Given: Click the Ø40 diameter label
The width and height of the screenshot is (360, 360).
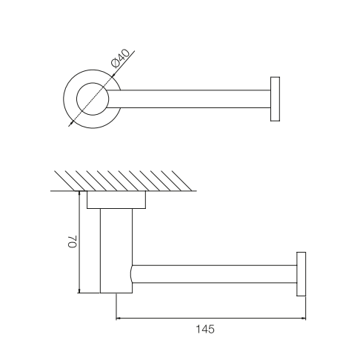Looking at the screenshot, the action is [120, 59].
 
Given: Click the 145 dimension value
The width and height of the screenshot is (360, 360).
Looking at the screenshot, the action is [205, 329].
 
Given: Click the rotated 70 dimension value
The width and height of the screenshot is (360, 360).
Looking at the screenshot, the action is [73, 241].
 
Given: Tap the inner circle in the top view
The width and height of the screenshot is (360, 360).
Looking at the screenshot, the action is [93, 99].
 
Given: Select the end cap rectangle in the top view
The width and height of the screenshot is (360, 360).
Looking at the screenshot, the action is [275, 99].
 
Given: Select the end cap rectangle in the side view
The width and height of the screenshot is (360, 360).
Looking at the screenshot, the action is [301, 274].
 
